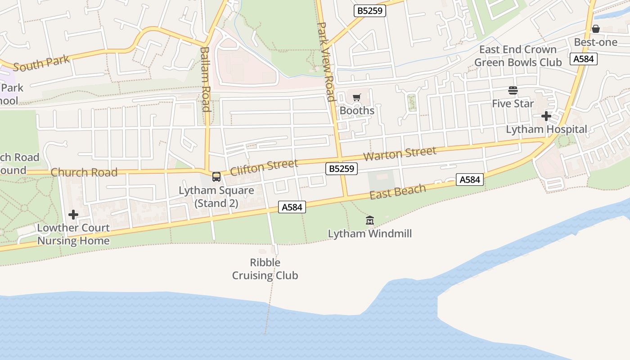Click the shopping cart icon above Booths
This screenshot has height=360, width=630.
tap(357, 97)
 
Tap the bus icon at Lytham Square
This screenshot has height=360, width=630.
tap(216, 176)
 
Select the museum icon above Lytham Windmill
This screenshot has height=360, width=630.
tap(370, 220)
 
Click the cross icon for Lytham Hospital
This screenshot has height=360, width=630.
tap(546, 116)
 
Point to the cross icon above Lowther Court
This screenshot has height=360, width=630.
tap(73, 215)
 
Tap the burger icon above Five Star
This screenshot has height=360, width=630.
tap(513, 90)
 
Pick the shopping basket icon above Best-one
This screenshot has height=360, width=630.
tap(596, 29)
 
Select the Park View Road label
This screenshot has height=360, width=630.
tap(326, 62)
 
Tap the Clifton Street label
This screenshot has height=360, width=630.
tap(264, 167)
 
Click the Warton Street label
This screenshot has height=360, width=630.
tap(400, 153)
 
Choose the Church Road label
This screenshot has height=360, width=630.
tap(84, 172)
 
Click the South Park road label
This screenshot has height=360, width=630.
tap(41, 63)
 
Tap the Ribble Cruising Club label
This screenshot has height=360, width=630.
tap(265, 269)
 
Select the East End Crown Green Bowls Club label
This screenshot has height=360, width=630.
tap(518, 56)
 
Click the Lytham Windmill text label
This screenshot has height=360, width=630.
tap(370, 234)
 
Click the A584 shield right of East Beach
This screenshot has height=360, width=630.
tap(469, 180)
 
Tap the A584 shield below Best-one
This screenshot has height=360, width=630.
tap(584, 59)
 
